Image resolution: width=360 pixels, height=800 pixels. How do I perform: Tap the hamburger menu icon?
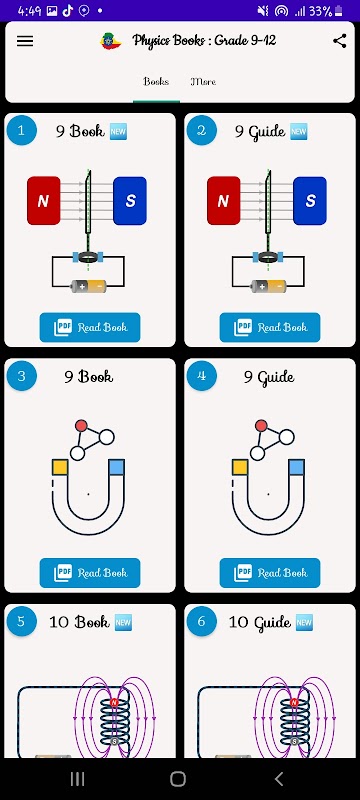pos(25,41)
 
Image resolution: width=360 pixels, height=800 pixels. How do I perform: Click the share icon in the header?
pos(340,41)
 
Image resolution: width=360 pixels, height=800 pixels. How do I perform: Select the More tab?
pos(203,82)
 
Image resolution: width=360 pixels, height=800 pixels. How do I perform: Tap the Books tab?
pos(156,82)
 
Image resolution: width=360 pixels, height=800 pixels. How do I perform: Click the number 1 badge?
pos(21,131)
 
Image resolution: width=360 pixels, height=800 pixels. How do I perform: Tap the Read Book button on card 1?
pos(90,328)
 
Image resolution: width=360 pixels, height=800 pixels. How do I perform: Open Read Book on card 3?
pos(90,573)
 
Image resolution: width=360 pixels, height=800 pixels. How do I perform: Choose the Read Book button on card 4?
pos(270,573)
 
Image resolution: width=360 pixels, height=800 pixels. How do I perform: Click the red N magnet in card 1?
pos(44,201)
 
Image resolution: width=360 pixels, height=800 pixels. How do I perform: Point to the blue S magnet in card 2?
pos(310,201)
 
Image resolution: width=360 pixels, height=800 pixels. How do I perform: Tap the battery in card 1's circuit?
pos(89,286)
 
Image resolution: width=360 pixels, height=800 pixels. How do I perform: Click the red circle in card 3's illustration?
pos(81,426)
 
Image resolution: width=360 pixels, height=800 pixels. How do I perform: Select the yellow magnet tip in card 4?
pos(240,467)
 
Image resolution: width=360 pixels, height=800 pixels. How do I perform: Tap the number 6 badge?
pos(201,621)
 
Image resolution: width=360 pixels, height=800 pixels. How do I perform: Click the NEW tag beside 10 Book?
pos(123,622)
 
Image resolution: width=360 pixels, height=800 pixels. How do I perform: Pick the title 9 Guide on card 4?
pos(269,378)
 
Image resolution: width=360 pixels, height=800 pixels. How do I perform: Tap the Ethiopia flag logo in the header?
pos(111,41)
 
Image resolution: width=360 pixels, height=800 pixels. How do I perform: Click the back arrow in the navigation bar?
pos(278,779)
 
